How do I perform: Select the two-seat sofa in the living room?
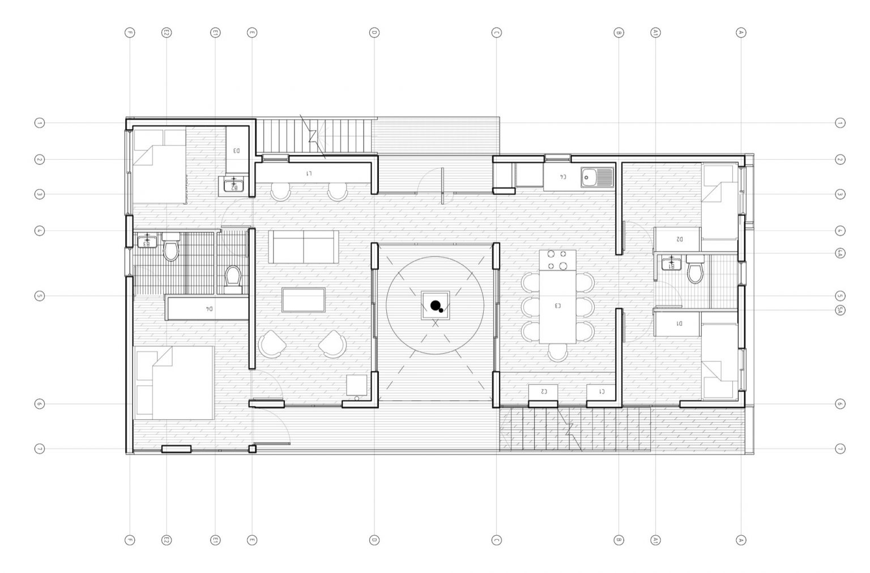[304, 247]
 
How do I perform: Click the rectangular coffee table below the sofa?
[304, 300]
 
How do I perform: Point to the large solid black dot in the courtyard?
[435, 306]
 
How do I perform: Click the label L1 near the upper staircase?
[309, 173]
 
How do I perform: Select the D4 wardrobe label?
[208, 309]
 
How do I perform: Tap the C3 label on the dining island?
[557, 306]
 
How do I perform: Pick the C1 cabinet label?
[601, 392]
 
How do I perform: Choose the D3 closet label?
[237, 151]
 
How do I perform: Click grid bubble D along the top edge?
[374, 33]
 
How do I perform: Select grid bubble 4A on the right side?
[840, 253]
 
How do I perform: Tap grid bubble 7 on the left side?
[39, 449]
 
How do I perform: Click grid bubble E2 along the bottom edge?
[167, 540]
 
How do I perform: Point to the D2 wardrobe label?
[679, 239]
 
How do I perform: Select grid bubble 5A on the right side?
[840, 309]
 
